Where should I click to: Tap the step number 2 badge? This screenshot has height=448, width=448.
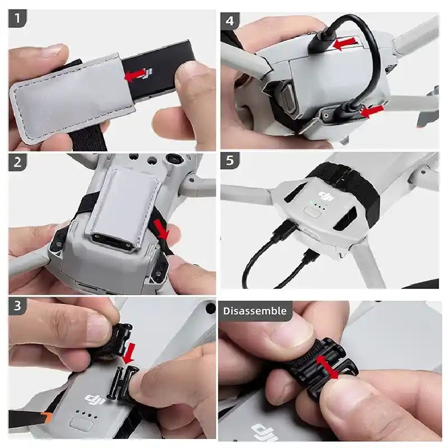coord(18,163)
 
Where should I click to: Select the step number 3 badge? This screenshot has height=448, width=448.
coord(18,306)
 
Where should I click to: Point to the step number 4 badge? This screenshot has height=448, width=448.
coord(230,21)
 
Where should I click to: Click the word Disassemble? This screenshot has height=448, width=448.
coord(255,311)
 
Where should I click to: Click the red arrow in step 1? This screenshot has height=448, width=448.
coord(135,75)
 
